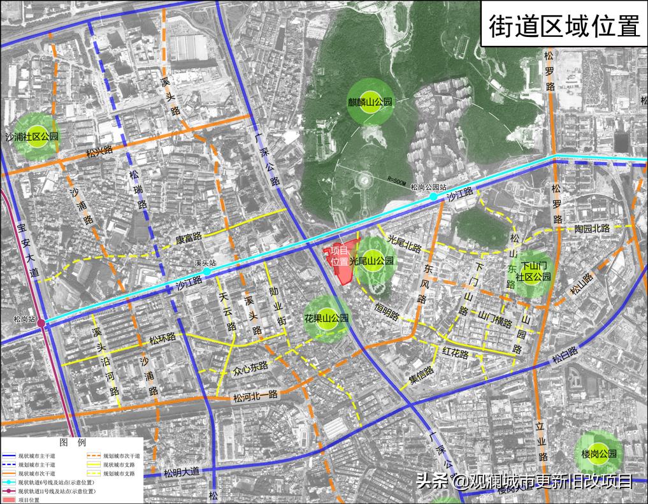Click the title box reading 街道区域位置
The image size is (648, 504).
563,26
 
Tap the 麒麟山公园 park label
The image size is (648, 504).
369,101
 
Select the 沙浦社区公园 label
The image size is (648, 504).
32,136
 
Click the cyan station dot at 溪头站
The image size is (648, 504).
207,271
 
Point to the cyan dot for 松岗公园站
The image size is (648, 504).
433,197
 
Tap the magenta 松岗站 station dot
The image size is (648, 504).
41,324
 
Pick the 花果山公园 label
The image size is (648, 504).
326,318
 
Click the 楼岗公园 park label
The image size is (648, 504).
598,454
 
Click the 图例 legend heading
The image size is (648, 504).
72,442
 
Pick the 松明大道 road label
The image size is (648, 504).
182,472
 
